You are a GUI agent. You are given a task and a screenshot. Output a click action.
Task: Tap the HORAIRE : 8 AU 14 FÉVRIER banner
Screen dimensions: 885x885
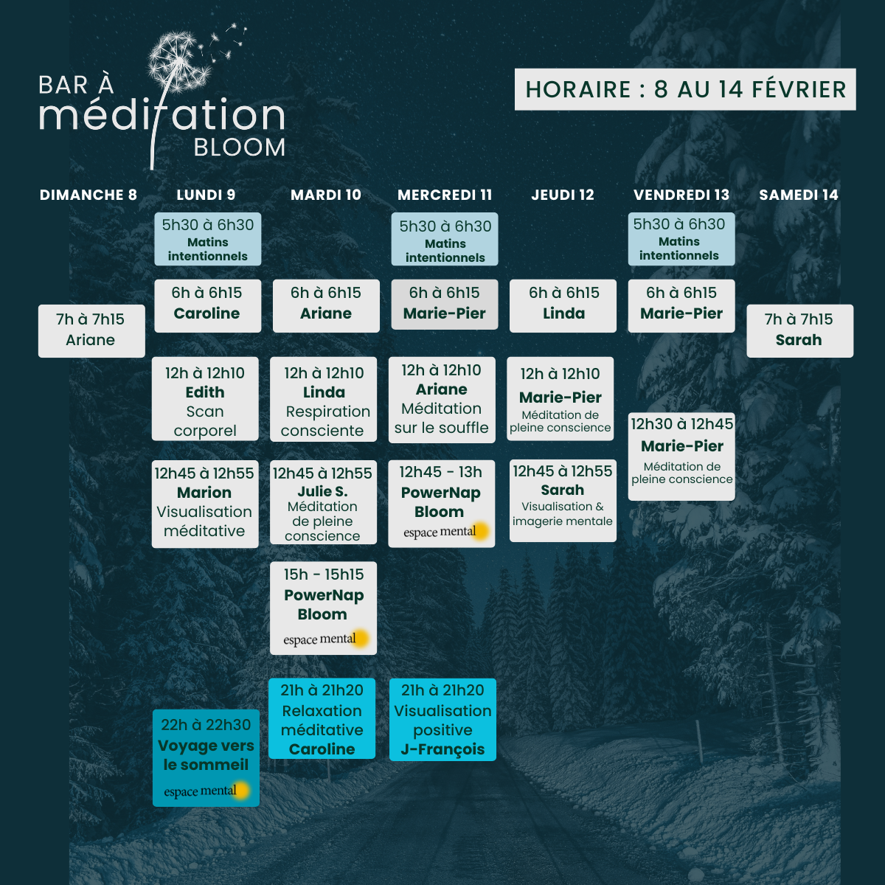click(685, 89)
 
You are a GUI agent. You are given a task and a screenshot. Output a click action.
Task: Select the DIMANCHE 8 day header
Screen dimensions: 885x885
click(88, 195)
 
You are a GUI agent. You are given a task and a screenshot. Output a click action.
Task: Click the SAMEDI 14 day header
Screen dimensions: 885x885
click(799, 195)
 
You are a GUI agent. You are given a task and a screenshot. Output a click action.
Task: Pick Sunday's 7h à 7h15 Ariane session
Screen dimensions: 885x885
click(91, 330)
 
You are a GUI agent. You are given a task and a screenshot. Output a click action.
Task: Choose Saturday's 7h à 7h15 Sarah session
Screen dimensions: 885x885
click(799, 330)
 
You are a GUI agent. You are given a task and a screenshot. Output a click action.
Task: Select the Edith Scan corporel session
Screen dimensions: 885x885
click(205, 399)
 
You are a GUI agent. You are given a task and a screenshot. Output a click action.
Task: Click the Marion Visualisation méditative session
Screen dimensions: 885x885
click(205, 504)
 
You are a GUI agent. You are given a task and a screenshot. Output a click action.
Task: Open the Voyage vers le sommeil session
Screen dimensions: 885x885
click(206, 757)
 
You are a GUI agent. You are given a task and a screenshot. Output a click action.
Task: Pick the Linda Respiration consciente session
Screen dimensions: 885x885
click(324, 399)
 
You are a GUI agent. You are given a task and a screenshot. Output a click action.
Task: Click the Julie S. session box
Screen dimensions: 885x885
click(323, 504)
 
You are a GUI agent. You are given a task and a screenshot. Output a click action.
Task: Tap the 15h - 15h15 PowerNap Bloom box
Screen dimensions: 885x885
click(323, 608)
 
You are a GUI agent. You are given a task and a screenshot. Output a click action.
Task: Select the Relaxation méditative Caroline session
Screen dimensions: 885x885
click(322, 719)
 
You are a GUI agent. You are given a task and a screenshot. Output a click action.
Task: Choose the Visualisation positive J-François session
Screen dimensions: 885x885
click(442, 719)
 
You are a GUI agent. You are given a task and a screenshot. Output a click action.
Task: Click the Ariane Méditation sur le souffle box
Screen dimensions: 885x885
click(442, 400)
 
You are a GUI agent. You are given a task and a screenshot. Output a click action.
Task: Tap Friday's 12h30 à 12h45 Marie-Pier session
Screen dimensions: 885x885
click(681, 457)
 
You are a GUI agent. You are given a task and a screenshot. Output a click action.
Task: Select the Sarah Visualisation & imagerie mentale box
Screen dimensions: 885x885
click(563, 500)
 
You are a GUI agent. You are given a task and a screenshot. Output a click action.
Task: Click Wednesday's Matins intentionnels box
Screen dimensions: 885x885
click(445, 239)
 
